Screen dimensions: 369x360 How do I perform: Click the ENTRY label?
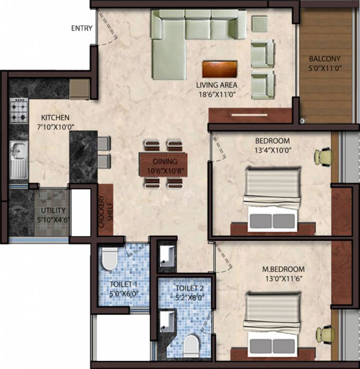pos(82,28)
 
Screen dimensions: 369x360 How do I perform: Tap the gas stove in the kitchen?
pos(19,111)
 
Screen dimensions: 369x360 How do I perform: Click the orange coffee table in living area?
pos(220,69)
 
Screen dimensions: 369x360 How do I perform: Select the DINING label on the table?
pos(165,161)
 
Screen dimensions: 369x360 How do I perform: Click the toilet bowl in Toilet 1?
pos(109,259)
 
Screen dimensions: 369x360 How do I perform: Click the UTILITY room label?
pos(53,210)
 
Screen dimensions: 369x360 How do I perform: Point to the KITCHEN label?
pos(55,118)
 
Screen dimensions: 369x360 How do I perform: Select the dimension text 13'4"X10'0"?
pos(272,149)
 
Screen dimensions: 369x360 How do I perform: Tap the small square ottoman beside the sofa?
pos(260,24)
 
